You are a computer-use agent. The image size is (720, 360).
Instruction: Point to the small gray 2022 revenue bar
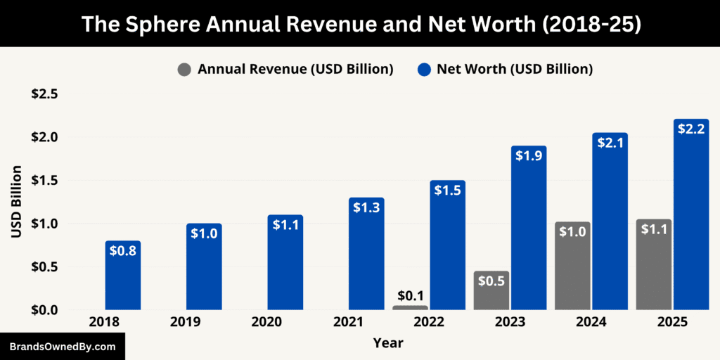[x=410, y=307]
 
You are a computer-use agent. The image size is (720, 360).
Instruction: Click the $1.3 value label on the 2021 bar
[x=366, y=207]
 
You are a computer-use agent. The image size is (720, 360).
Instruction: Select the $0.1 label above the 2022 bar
[x=410, y=295]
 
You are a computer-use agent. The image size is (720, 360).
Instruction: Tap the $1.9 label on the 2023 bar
[x=529, y=155]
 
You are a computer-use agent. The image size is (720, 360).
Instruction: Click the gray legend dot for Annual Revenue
[x=185, y=69]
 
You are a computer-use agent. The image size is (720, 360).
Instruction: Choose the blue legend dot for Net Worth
[x=424, y=69]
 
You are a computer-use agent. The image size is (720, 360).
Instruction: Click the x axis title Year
[x=389, y=343]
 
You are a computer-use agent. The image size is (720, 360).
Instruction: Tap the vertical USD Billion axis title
[x=16, y=201]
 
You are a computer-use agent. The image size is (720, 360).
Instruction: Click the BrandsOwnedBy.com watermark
[x=62, y=347]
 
